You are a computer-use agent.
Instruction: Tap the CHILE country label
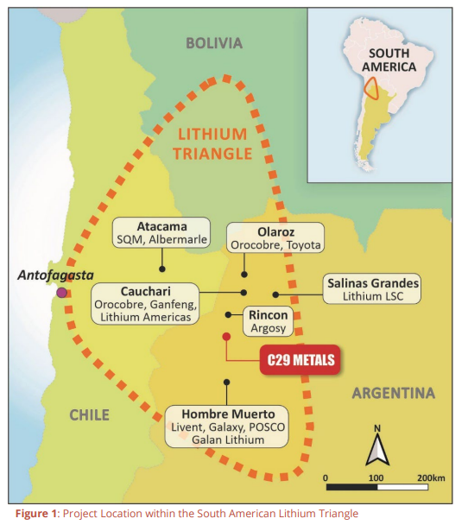[90, 415]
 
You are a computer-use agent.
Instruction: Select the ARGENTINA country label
[393, 394]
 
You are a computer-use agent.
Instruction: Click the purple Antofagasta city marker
[61, 293]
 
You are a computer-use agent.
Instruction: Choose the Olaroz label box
[275, 237]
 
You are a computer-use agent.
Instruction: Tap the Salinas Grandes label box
[371, 289]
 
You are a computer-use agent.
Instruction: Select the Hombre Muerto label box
[227, 426]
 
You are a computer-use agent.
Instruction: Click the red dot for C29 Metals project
[226, 336]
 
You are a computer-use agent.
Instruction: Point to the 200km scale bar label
[429, 477]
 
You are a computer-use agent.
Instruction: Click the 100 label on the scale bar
[376, 477]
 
